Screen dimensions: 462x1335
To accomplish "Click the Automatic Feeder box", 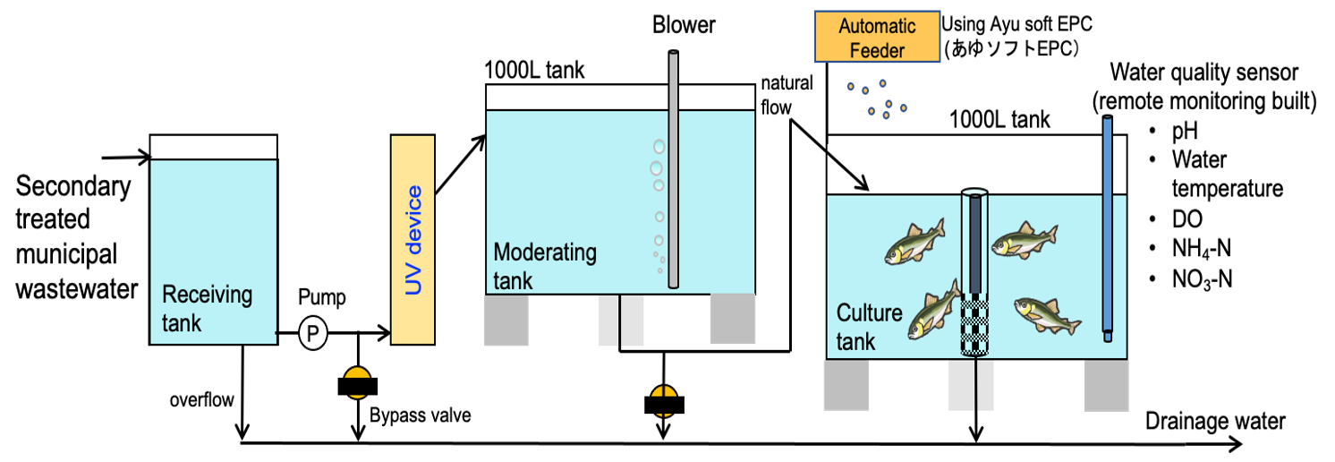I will pos(877,37).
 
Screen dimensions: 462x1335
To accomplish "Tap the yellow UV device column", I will pos(412,240).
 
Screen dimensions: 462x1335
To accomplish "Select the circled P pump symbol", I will pos(312,334).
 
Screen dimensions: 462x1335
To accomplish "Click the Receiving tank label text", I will pos(207,308).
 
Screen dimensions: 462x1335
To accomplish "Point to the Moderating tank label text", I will pos(544,265).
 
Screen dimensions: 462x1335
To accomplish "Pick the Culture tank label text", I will pos(869,327).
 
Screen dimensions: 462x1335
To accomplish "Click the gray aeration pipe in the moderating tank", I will pos(673,170).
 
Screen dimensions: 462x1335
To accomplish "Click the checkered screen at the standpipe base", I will pos(974,326).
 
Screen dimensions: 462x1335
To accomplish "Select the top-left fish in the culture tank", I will pos(914,242).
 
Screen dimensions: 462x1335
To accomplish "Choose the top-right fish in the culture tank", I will pos(1024,240).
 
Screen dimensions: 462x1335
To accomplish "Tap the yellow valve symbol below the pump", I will pos(357,382).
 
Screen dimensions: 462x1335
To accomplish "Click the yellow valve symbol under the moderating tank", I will pos(663,400).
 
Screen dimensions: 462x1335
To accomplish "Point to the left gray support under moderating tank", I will pos(506,320).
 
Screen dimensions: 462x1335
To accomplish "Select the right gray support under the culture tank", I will pos(1106,386).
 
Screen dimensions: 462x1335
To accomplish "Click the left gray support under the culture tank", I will pos(846,386).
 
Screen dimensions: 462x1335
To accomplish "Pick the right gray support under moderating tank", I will pos(732,320).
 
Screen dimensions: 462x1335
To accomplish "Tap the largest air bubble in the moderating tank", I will pos(657,168).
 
